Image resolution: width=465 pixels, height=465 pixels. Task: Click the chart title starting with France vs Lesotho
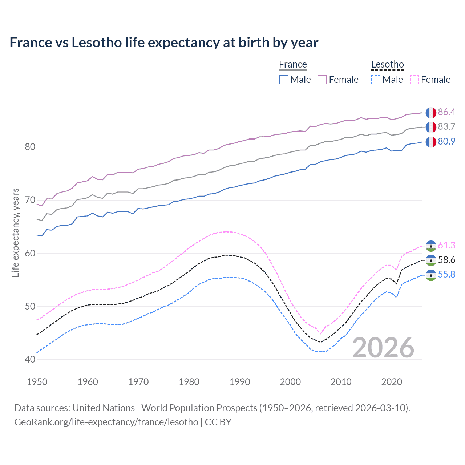point(164,43)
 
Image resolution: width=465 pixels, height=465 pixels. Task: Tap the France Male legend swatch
point(284,80)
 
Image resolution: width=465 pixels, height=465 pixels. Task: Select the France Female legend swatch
point(322,80)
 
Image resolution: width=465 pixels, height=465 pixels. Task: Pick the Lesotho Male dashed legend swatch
point(376,80)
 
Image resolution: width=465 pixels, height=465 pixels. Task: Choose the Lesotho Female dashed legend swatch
point(414,80)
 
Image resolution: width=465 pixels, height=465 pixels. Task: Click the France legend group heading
point(293,64)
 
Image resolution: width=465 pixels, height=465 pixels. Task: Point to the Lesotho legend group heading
point(387,64)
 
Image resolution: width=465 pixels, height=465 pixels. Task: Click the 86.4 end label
point(446,112)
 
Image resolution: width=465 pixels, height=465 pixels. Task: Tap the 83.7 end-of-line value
point(446,126)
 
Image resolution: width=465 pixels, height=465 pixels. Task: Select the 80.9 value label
point(446,141)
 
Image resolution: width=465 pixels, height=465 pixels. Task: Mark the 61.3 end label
point(446,245)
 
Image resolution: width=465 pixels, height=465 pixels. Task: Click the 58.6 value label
point(446,260)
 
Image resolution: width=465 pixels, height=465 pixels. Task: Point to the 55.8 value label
point(446,274)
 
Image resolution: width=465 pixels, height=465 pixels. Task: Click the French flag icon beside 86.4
point(431,113)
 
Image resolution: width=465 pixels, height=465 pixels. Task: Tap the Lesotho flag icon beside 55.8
point(431,275)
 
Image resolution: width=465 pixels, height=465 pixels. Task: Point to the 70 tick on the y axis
point(30,200)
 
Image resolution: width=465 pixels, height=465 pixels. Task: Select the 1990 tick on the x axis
point(240,382)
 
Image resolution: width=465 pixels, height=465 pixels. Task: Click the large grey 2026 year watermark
point(383,348)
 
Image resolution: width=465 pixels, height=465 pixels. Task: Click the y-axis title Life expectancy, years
point(15,232)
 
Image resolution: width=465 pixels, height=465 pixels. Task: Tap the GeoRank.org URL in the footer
point(106,422)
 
